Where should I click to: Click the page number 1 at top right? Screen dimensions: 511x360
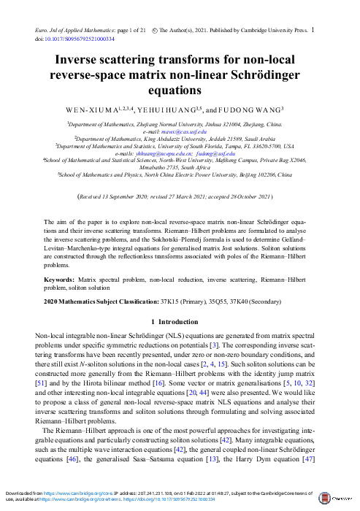[x=313, y=30]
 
